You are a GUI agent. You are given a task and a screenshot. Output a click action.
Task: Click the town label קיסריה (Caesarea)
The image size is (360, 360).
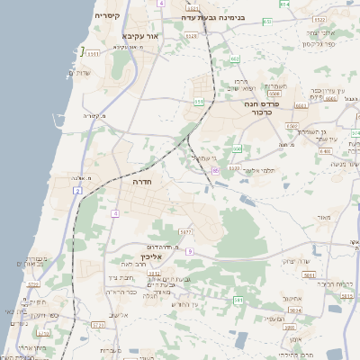click(x=94, y=16)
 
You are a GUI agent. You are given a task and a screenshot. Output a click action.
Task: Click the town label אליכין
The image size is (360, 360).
click(x=152, y=257)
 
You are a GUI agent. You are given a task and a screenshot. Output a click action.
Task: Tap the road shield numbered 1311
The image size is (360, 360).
click(x=93, y=54)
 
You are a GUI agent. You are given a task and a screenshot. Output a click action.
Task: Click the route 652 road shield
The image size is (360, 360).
click(x=235, y=59)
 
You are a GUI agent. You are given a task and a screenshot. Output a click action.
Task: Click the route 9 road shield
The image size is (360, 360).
click(x=190, y=250)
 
